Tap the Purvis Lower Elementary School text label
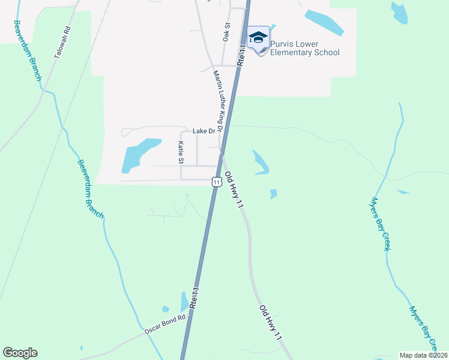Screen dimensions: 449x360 coord(304,48)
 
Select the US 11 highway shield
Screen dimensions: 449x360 coord(217,181)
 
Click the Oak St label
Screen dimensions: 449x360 coord(227,32)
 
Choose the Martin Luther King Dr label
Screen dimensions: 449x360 coord(218,101)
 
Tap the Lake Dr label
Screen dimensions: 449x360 coord(199,131)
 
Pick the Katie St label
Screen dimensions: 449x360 coord(180,152)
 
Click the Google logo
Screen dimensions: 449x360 coord(20,353)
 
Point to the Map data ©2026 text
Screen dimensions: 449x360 coord(423,355)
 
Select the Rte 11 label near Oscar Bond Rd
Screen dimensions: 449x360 coord(194,298)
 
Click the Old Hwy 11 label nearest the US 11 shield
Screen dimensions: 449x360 coord(234,190)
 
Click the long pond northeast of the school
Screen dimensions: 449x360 coord(324,22)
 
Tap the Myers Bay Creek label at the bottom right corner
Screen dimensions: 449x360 coord(423,327)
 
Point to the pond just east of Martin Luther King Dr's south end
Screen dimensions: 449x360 coord(261,162)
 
